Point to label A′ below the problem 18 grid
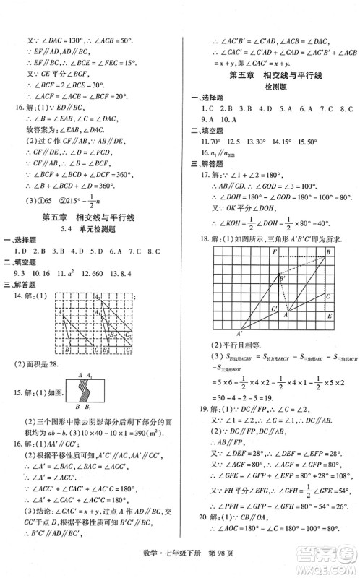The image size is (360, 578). pos(238,332)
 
